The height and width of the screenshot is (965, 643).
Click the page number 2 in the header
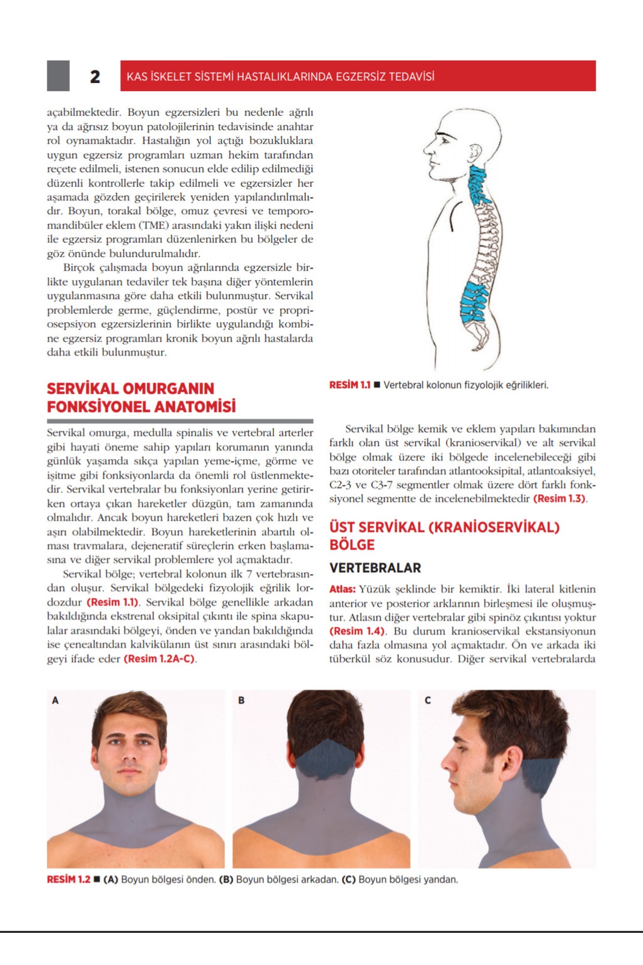click(x=95, y=77)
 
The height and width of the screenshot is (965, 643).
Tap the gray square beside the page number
click(x=58, y=76)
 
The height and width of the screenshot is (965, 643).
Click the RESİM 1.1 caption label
click(x=349, y=385)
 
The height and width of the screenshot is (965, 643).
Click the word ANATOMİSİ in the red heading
click(x=196, y=407)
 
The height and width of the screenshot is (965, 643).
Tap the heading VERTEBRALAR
click(x=375, y=568)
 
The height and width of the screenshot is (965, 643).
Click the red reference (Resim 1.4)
click(x=357, y=631)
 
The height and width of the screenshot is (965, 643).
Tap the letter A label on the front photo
click(x=55, y=700)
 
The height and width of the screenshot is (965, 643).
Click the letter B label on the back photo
click(x=241, y=700)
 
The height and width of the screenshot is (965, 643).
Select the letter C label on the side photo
click(x=428, y=700)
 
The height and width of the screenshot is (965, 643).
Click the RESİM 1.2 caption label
click(x=69, y=880)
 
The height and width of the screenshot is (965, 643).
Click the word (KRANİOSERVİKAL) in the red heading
click(x=494, y=528)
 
